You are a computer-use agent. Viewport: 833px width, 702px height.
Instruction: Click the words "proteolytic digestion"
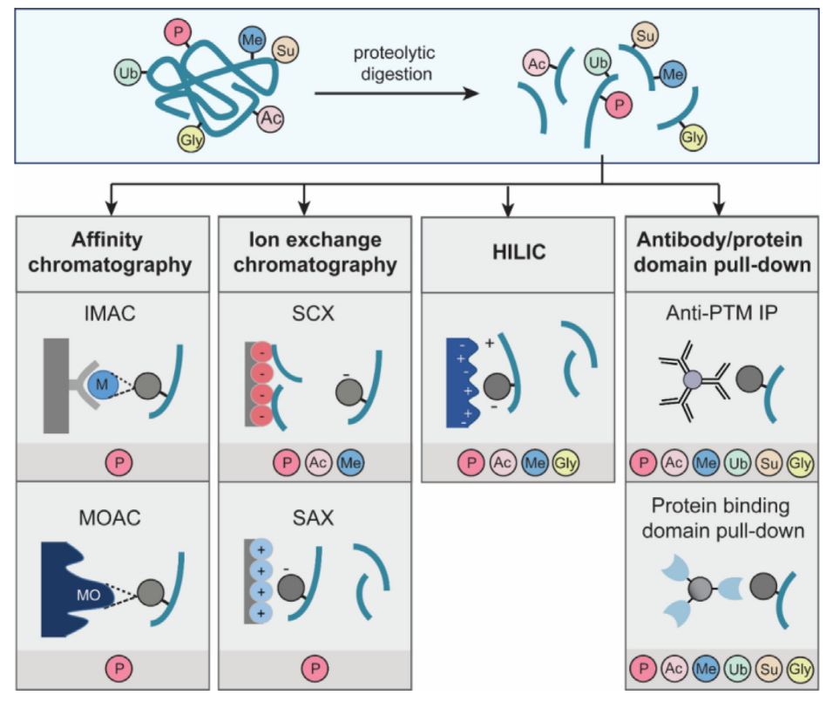tap(392, 64)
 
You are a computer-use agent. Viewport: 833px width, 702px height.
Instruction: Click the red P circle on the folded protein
tap(179, 32)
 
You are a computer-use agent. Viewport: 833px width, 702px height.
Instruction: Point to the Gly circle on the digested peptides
tap(693, 137)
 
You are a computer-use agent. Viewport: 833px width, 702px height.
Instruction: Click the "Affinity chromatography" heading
tap(110, 252)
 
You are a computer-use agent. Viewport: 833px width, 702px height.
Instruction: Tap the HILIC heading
tap(508, 252)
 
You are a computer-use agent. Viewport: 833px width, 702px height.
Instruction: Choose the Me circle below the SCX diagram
tap(351, 463)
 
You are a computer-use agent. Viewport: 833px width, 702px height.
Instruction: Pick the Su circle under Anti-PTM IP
tap(769, 463)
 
